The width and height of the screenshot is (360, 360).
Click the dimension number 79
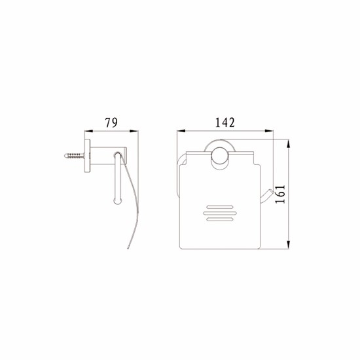coord(111,122)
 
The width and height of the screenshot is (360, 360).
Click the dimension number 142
coord(225,122)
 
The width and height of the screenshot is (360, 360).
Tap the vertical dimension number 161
coord(280,194)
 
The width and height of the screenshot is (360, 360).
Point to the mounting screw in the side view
coord(74,155)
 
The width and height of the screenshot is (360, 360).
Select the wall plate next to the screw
coord(87,156)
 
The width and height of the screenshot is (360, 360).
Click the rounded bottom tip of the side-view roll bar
coord(118,202)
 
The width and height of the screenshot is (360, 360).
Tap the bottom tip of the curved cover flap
coord(128,247)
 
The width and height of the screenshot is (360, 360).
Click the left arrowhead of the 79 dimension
coord(88,131)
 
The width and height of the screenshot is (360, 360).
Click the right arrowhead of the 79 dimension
coord(134,131)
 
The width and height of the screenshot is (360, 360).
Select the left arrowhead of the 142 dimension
coord(181,131)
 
